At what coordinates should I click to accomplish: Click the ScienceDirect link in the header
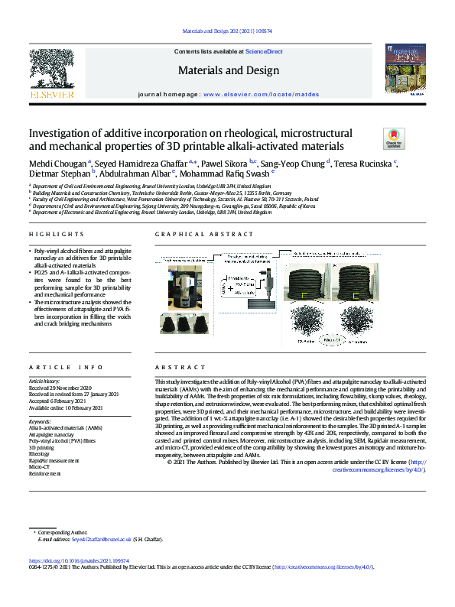click(264, 51)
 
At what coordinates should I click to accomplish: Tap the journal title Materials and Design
click(226, 70)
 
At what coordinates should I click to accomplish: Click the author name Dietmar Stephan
click(60, 175)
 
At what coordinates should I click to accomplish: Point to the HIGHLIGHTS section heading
click(57, 212)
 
